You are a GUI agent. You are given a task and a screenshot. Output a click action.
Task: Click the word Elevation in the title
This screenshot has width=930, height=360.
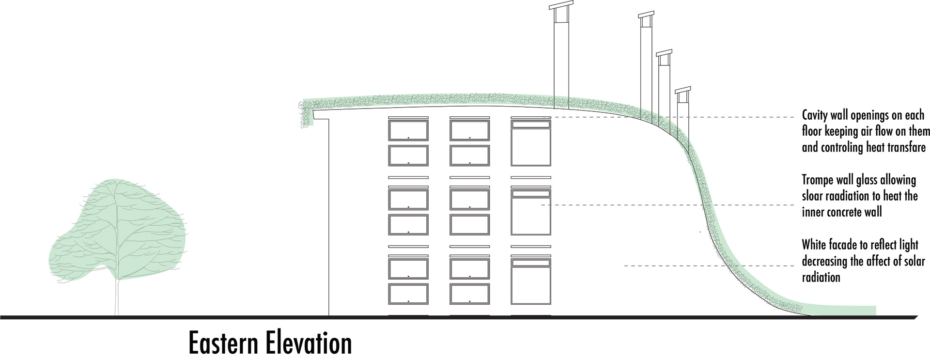(x=309, y=343)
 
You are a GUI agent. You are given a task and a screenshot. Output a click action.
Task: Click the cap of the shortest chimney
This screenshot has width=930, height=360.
(x=682, y=90)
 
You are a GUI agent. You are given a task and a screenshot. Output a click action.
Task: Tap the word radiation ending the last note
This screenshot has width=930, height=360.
(x=821, y=277)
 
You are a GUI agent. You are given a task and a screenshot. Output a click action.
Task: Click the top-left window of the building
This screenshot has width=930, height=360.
(x=408, y=130)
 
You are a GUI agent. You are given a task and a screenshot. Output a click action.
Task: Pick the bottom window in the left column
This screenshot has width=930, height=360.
(x=408, y=294)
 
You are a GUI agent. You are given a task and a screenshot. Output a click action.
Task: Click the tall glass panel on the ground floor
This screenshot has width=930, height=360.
(x=531, y=285)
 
